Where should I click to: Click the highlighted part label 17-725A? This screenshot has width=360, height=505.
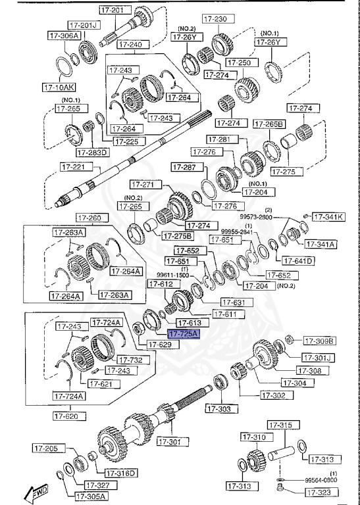[182, 334]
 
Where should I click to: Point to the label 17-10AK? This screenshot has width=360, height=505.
[59, 86]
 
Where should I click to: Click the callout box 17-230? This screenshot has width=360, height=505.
[214, 19]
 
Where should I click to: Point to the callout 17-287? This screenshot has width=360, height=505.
[186, 167]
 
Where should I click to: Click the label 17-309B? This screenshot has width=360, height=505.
[319, 341]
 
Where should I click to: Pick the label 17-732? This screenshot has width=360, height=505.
[133, 360]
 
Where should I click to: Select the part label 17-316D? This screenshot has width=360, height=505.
[120, 473]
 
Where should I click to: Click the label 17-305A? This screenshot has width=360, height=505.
[90, 496]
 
